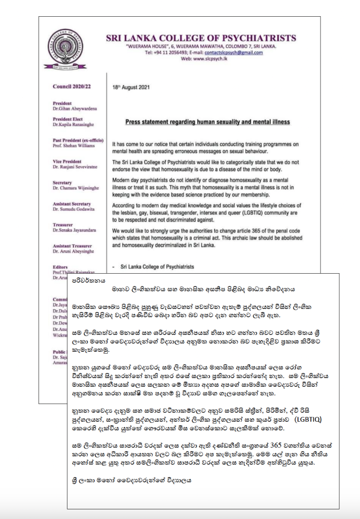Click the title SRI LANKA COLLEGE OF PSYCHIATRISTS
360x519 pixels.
[200, 38]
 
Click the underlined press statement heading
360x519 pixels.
[207, 122]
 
